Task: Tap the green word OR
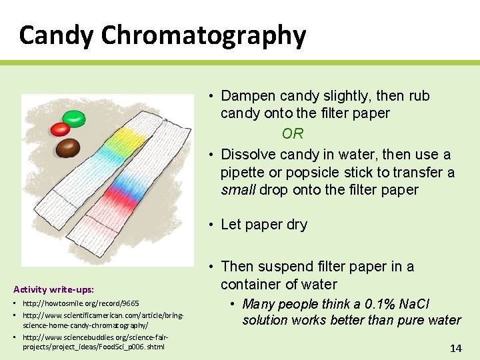293,134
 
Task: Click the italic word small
238,190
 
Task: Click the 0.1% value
377,305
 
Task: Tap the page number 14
456,348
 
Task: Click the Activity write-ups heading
53,289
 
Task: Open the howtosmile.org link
81,304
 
